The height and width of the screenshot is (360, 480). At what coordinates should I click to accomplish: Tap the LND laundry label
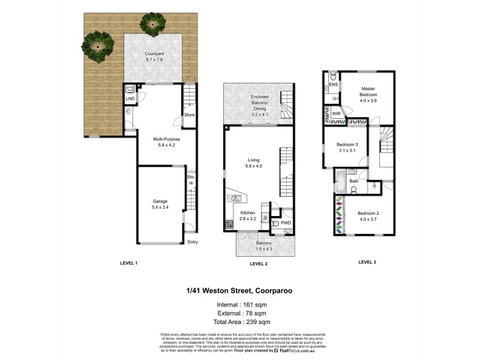click(130, 99)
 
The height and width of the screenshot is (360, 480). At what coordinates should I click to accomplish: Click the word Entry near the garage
click(193, 242)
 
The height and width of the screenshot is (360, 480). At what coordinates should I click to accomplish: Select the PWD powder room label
click(286, 223)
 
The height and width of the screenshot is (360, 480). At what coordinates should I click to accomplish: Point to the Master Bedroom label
click(368, 92)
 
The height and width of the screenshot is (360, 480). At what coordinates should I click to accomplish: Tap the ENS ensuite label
click(334, 85)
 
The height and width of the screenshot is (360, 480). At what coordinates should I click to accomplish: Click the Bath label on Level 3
click(354, 181)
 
